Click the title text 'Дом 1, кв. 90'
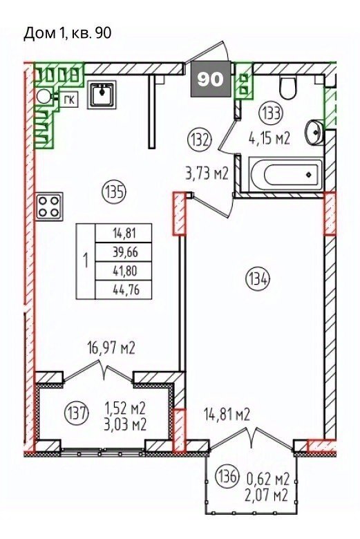[68, 34]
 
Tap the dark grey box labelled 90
[211, 79]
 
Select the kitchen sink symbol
[102, 95]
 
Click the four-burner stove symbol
[49, 206]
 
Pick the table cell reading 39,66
[124, 253]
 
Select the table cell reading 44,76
[124, 290]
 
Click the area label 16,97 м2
[111, 348]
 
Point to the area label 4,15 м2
[270, 139]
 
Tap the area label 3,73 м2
[207, 174]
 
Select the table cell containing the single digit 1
[85, 262]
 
